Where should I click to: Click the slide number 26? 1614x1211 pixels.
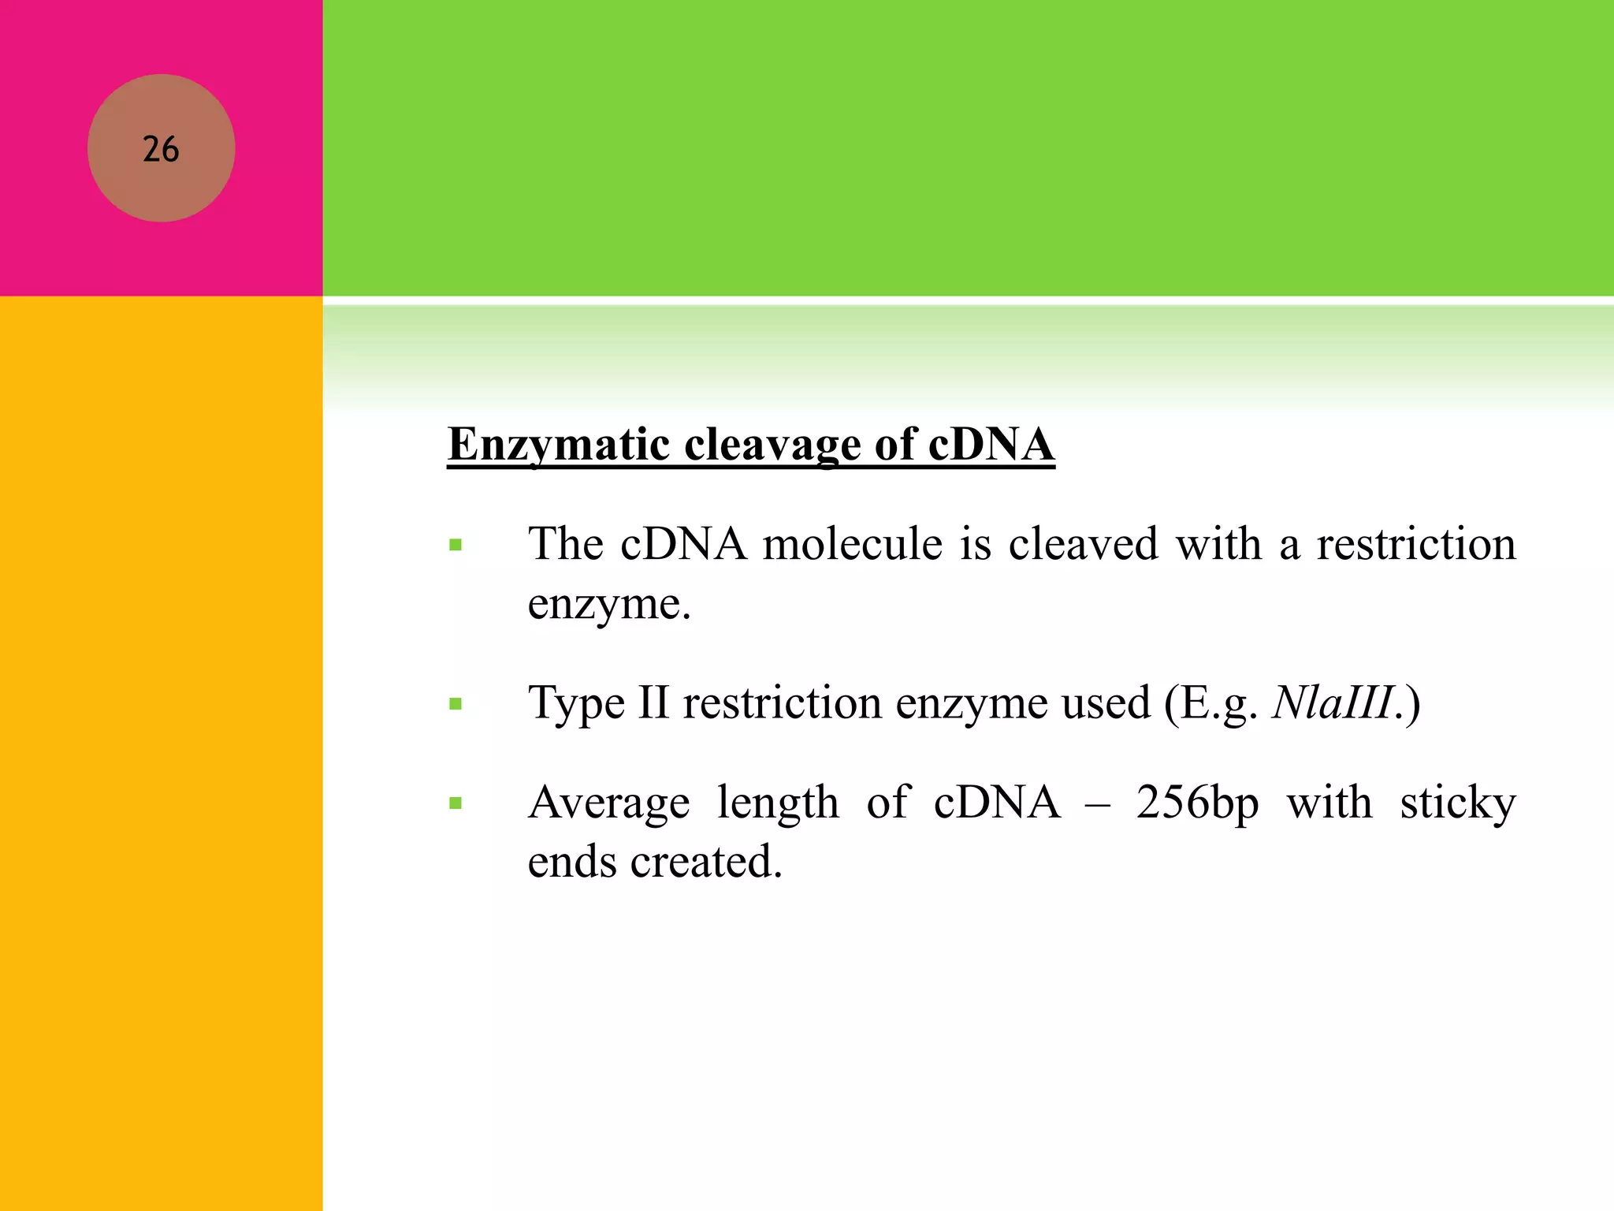(x=161, y=149)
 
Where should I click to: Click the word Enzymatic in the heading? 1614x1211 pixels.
(x=559, y=445)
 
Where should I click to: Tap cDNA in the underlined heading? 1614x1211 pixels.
(x=991, y=445)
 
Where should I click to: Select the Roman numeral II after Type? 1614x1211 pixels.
(x=653, y=703)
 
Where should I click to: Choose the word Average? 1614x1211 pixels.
(x=608, y=803)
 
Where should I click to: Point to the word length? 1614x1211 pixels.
(x=778, y=803)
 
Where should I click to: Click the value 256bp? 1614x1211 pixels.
(x=1197, y=803)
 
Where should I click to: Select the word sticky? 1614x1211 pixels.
(x=1458, y=803)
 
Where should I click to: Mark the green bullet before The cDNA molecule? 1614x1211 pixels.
(x=456, y=545)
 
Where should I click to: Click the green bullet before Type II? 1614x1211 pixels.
(x=456, y=704)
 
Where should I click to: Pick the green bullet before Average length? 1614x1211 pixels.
(x=456, y=804)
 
